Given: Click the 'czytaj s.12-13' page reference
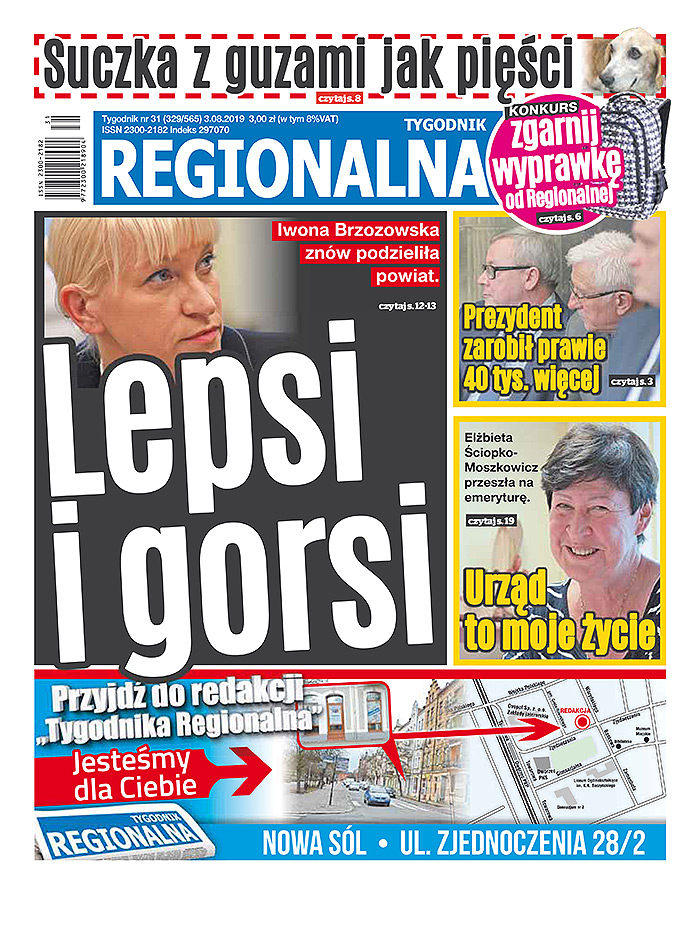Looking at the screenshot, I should coord(409,306).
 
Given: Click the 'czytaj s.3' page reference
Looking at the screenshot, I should coord(631,381).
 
